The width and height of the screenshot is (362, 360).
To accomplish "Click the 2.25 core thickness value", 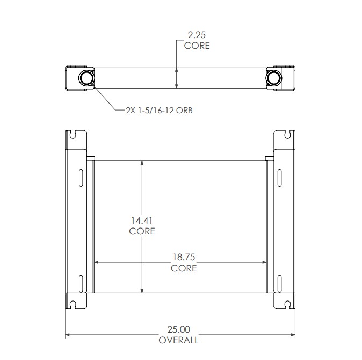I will click(x=197, y=35).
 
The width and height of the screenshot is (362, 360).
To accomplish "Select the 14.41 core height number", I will click(x=142, y=220).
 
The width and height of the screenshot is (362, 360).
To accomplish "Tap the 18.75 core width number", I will click(x=184, y=258).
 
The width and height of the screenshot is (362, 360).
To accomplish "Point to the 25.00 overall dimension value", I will click(x=178, y=329).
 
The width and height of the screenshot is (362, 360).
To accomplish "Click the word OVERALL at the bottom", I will click(x=178, y=340).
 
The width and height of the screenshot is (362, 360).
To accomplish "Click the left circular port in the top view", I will click(x=86, y=78).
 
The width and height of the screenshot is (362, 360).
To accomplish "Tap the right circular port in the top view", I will click(x=274, y=78).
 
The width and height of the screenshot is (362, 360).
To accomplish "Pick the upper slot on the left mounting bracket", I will click(x=81, y=177).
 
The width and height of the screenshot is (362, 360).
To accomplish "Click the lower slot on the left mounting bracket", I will click(x=81, y=283).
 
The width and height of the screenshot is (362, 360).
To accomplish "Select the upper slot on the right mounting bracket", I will click(x=280, y=177).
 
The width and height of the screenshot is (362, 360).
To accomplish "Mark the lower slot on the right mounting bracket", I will click(x=280, y=283).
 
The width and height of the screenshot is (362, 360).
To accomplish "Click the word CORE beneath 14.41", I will click(x=142, y=231).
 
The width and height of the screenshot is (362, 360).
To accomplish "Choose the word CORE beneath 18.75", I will click(x=184, y=268).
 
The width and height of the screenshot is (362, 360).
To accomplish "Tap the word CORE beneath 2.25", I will click(x=197, y=46).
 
